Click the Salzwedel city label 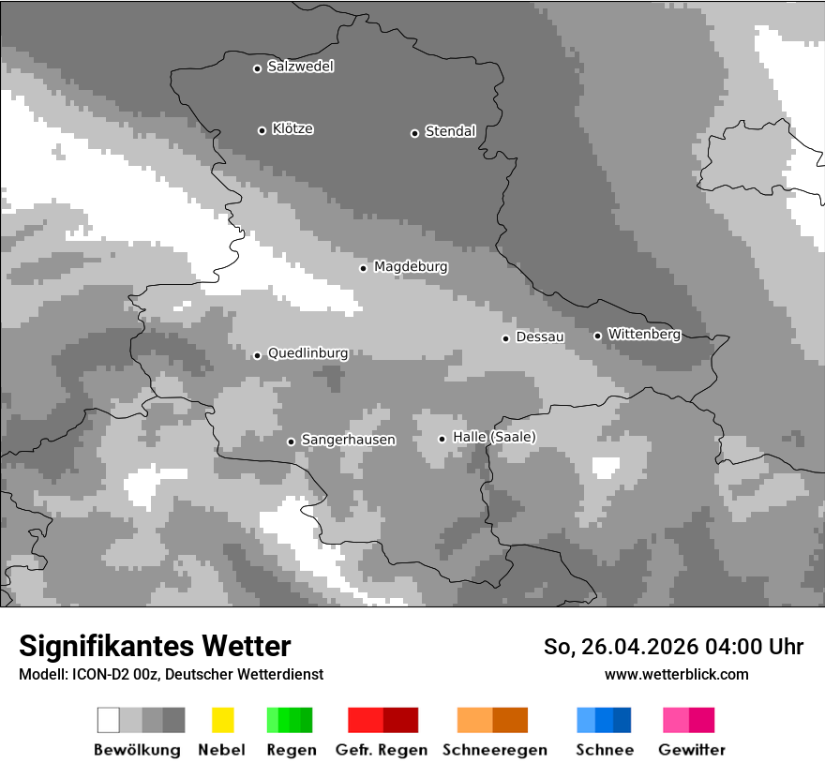pos(300,67)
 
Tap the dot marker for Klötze pos(262,130)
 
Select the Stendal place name pos(450,131)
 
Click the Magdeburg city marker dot pos(363,268)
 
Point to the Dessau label pos(540,337)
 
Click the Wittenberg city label pos(643,334)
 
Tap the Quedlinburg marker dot pos(257,355)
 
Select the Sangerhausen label pos(348,440)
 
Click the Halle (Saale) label pos(494,437)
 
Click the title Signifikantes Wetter pos(155,646)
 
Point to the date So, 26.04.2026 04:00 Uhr pos(673,647)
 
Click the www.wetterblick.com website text pos(676,674)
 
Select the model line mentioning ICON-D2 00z pos(171,674)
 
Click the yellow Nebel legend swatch pos(222,720)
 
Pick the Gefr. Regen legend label pos(382,750)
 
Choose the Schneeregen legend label pos(495,750)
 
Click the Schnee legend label pos(604,750)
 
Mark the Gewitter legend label pos(691,750)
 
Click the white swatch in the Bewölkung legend pos(109,720)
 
